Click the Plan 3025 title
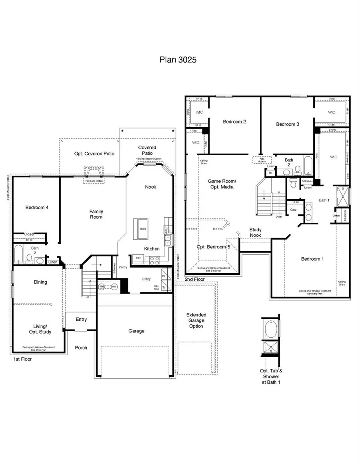pos(178,60)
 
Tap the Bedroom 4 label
pos(37,207)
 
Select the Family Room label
pos(96,214)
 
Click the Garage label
pos(136,331)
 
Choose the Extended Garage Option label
pos(196,320)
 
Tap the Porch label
pos(81,348)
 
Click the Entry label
pos(81,319)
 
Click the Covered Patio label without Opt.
pos(147,150)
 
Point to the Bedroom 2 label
pos(234,122)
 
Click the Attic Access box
pos(262,160)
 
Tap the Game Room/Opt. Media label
pos(221,184)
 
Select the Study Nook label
pos(256,232)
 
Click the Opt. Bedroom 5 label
pos(213,247)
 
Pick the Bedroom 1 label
pos(312,259)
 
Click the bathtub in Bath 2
pos(307,166)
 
